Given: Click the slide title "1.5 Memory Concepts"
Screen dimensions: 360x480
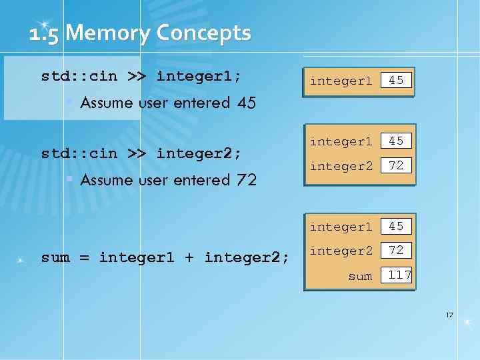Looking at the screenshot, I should (x=140, y=33).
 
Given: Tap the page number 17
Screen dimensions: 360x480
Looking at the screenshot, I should (x=449, y=314).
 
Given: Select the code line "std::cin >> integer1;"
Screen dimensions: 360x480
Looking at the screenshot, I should (x=141, y=76).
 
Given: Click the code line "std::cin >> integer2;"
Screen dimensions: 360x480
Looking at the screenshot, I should (x=141, y=153).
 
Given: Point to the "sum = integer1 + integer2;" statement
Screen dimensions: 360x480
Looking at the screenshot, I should (x=165, y=257).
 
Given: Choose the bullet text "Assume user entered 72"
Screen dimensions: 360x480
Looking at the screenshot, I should (x=168, y=180).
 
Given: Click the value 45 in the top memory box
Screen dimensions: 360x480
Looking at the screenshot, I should (x=396, y=81).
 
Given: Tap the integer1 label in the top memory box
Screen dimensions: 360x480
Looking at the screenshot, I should (x=341, y=81).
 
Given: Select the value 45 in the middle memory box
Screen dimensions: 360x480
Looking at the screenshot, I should (x=396, y=141).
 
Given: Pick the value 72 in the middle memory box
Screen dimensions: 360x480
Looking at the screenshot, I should (x=396, y=165).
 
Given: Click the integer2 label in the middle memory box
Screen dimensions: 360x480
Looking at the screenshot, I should (x=341, y=166).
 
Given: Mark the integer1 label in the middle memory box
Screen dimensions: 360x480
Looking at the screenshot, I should (x=341, y=142).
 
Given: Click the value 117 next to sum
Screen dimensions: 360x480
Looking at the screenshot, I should (x=399, y=275).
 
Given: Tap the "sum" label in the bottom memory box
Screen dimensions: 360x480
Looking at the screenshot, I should (x=360, y=275).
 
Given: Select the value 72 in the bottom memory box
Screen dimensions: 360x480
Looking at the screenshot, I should (x=396, y=251).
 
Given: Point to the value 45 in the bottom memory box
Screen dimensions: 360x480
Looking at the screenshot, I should (x=396, y=227).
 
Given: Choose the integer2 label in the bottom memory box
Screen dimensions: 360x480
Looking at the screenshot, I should (x=341, y=251).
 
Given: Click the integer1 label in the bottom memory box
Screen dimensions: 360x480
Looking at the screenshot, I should (x=341, y=227).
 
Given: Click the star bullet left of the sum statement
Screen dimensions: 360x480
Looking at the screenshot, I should (x=22, y=258).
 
